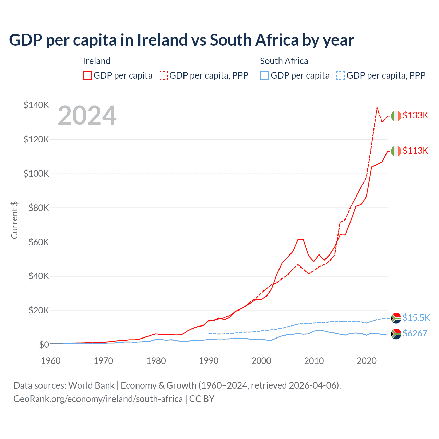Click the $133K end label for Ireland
pyautogui.click(x=415, y=115)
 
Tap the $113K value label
pyautogui.click(x=415, y=151)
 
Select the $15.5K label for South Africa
pyautogui.click(x=416, y=318)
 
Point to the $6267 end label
pyautogui.click(x=415, y=333)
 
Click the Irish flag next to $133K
pyautogui.click(x=396, y=116)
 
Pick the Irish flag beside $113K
pyautogui.click(x=396, y=151)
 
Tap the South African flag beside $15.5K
pyautogui.click(x=396, y=318)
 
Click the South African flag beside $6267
pyautogui.click(x=396, y=334)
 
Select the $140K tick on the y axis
pyautogui.click(x=36, y=105)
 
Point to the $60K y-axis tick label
pyautogui.click(x=38, y=242)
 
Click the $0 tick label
pyautogui.click(x=44, y=345)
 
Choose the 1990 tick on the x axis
pyautogui.click(x=209, y=361)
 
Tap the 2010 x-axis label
pyautogui.click(x=314, y=361)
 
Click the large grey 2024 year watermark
pyautogui.click(x=87, y=116)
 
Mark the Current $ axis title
pyautogui.click(x=14, y=220)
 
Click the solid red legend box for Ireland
pyautogui.click(x=87, y=75)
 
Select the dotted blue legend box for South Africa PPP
pyautogui.click(x=340, y=75)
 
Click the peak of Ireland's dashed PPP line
pyautogui.click(x=377, y=108)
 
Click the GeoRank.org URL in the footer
pyautogui.click(x=98, y=399)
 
